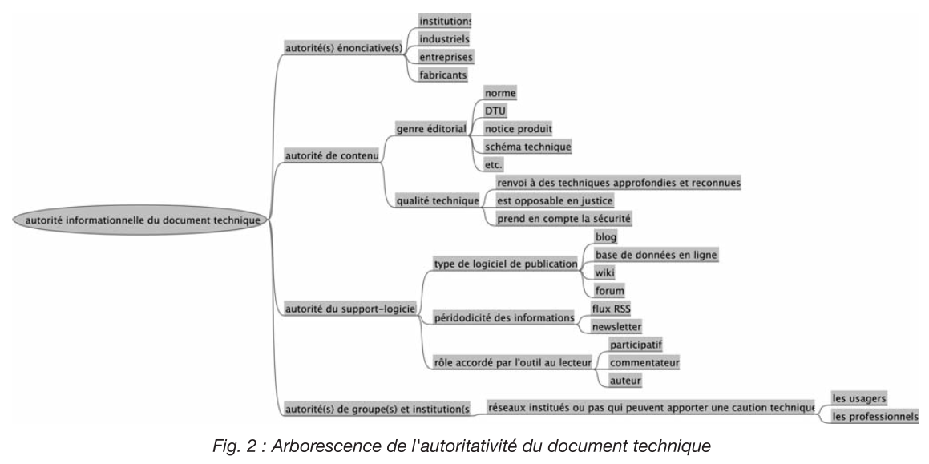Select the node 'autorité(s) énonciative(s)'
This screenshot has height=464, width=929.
[x=343, y=49]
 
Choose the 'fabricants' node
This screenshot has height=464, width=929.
[x=442, y=75]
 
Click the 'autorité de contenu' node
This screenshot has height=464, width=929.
[x=331, y=155]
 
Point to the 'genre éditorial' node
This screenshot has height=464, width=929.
[x=430, y=128]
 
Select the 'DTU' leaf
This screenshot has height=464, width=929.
[x=495, y=111]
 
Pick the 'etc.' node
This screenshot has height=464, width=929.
[x=493, y=164]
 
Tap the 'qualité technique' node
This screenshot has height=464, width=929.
[x=437, y=201]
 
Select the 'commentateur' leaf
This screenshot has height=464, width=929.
[x=644, y=363]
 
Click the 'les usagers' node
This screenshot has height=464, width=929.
[x=858, y=398]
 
